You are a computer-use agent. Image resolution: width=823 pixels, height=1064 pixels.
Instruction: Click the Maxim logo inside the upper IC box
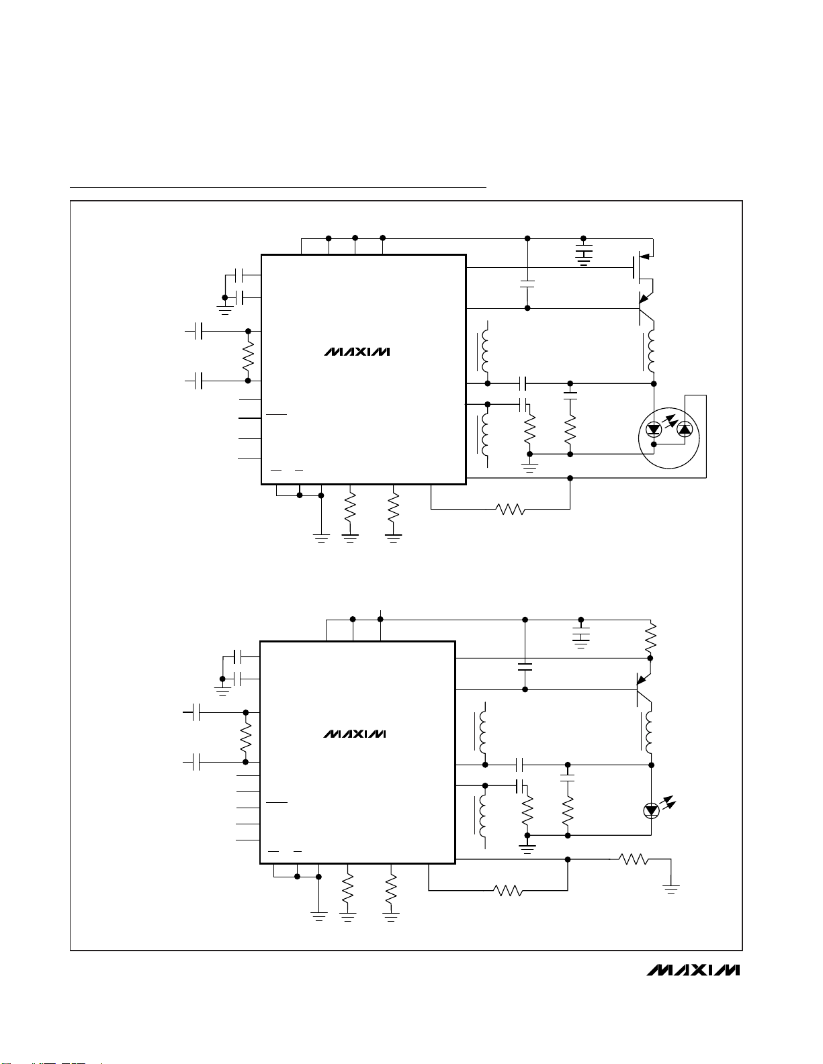(357, 352)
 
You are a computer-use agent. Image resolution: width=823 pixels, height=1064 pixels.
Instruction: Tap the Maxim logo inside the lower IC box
(355, 734)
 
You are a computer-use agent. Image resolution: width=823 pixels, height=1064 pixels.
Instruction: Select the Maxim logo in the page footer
(693, 970)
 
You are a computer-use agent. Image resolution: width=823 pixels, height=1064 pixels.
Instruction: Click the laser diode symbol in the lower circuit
(651, 810)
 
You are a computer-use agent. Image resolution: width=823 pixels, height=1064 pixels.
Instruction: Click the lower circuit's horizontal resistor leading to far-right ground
(632, 859)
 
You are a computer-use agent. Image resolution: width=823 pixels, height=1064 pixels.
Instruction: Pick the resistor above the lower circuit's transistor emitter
(650, 640)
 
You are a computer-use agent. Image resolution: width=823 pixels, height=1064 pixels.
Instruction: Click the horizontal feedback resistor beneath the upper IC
(510, 510)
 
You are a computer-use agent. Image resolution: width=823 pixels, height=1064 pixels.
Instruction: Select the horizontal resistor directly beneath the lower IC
(508, 891)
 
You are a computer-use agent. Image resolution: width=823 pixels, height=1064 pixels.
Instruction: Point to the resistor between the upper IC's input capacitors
(248, 356)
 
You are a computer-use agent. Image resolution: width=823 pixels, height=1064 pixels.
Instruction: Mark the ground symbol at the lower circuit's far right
(670, 889)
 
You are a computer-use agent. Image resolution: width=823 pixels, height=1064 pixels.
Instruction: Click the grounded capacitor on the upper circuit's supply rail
(584, 256)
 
